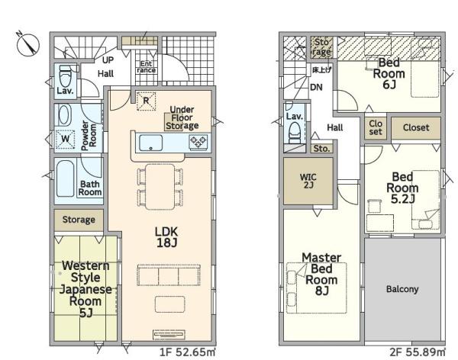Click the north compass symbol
pyautogui.click(x=28, y=45)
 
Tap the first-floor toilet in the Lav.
pyautogui.click(x=65, y=76)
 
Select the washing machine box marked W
pyautogui.click(x=65, y=139)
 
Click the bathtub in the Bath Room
pyautogui.click(x=65, y=178)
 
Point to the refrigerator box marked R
pyautogui.click(x=146, y=101)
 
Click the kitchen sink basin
pyautogui.click(x=150, y=143)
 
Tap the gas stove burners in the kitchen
pyautogui.click(x=198, y=142)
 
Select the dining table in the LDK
pyautogui.click(x=160, y=187)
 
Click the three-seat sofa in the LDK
pyautogui.click(x=169, y=275)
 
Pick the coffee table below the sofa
pyautogui.click(x=170, y=304)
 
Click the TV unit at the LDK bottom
pyautogui.click(x=169, y=335)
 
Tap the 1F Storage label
pyautogui.click(x=79, y=220)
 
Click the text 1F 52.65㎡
pyautogui.click(x=188, y=352)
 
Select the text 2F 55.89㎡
pyautogui.click(x=418, y=352)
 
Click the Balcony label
pyautogui.click(x=402, y=289)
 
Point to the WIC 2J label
pyautogui.click(x=308, y=181)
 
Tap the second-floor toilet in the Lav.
pyautogui.click(x=295, y=133)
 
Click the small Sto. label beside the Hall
pyautogui.click(x=321, y=149)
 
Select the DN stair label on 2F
pyautogui.click(x=316, y=87)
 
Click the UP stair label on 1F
pyautogui.click(x=108, y=60)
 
